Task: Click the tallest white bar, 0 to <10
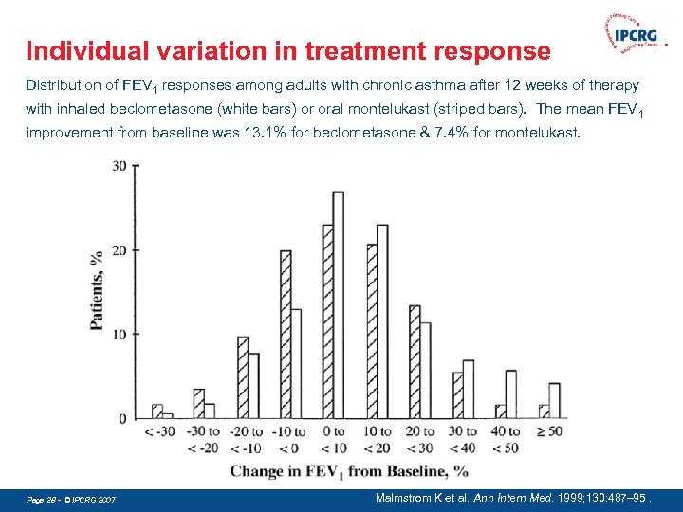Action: click(338, 305)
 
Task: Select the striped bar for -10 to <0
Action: click(286, 335)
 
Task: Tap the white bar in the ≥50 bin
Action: click(554, 401)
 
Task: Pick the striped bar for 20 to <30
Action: click(414, 362)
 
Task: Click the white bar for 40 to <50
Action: click(511, 394)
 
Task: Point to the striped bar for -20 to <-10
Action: click(243, 377)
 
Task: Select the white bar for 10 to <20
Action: click(382, 321)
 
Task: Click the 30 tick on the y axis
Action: click(120, 166)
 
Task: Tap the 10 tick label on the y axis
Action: click(120, 335)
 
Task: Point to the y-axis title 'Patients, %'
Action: click(96, 290)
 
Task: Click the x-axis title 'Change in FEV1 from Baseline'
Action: click(349, 471)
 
